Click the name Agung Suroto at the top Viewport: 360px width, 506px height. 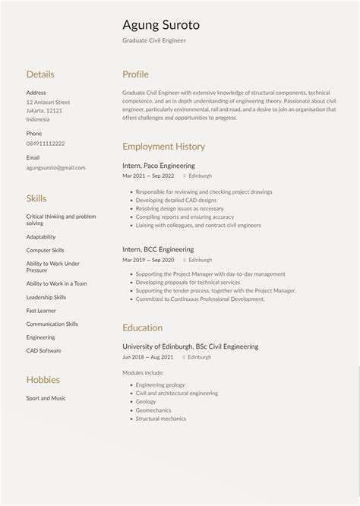(x=161, y=25)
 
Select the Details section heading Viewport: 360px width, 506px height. (x=40, y=74)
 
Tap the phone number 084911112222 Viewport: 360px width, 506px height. (x=46, y=144)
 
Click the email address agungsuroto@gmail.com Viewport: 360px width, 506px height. (x=55, y=168)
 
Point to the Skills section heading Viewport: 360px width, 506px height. (x=36, y=198)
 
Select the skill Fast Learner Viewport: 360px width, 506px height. (x=42, y=310)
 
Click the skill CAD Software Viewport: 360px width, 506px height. (x=44, y=350)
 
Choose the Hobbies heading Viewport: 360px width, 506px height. (x=43, y=380)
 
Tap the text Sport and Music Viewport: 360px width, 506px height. (x=46, y=398)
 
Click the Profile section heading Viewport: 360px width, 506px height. (x=135, y=74)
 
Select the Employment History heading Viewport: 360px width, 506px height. (x=163, y=147)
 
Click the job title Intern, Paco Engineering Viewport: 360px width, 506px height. (x=159, y=165)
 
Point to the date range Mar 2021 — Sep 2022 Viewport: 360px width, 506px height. (x=148, y=176)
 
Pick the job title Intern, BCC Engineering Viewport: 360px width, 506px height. (x=158, y=249)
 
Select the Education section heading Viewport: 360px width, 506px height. (x=142, y=327)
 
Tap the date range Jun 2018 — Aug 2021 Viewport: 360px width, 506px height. (x=148, y=356)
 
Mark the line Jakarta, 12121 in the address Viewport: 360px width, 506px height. (x=44, y=110)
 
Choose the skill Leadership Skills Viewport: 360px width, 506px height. (x=46, y=297)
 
